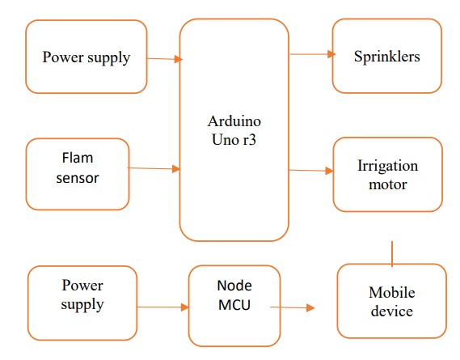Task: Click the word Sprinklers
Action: (x=387, y=57)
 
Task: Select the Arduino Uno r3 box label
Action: (x=234, y=130)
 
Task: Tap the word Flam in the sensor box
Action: (x=78, y=158)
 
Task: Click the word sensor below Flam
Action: (x=78, y=178)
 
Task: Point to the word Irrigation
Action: (x=387, y=167)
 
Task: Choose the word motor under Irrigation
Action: (x=387, y=184)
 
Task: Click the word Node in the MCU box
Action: (x=234, y=286)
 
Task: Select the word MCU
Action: (x=234, y=305)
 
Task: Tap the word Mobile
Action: (x=392, y=293)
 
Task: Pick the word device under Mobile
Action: (x=392, y=311)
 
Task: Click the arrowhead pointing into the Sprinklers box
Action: (x=331, y=54)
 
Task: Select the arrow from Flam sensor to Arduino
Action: (x=154, y=168)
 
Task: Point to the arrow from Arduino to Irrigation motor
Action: (x=311, y=171)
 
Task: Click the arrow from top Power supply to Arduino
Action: (x=165, y=59)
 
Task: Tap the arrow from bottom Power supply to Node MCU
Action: (x=162, y=307)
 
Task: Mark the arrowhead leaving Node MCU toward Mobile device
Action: (x=310, y=307)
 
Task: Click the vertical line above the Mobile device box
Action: (x=392, y=254)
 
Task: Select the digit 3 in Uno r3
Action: (x=251, y=140)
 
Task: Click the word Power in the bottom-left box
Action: (x=82, y=286)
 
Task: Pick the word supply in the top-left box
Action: (x=109, y=58)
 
